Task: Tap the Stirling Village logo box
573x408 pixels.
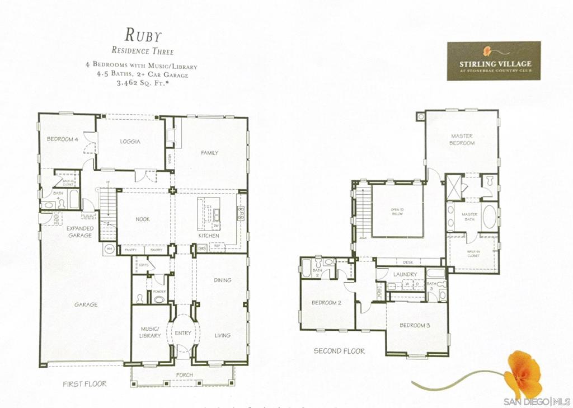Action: coord(493,60)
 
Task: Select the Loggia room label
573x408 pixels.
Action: coord(130,142)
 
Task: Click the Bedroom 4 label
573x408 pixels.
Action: coord(62,139)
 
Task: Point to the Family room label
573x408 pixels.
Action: coord(210,153)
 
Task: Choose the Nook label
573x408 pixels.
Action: coord(143,219)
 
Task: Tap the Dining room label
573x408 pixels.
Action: coord(222,280)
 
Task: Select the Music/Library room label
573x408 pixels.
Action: coord(150,332)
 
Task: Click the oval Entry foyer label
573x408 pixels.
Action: coord(183,333)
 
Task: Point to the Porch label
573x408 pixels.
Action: coord(184,375)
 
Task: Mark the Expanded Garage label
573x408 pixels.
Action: coord(80,232)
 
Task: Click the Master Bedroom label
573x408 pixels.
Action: coord(463,139)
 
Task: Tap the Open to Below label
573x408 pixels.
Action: coord(397,212)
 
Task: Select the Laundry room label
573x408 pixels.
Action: coord(405,274)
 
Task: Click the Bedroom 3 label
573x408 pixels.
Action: coord(415,325)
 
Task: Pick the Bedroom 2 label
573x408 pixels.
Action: coord(326,303)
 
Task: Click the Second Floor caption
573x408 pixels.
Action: coord(339,351)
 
